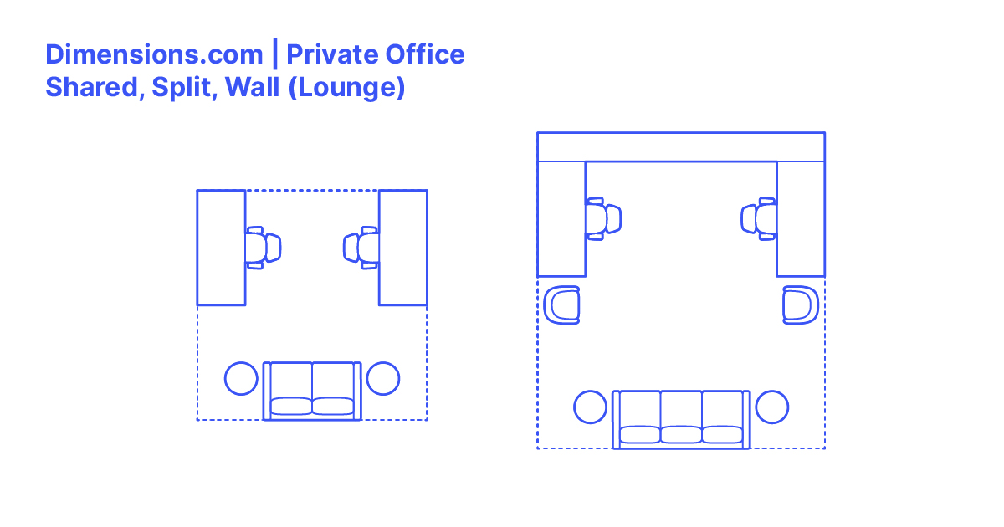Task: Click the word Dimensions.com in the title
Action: point(154,55)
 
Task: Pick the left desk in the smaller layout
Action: point(221,248)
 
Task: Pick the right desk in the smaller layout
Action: point(403,248)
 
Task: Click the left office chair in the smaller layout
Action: point(265,248)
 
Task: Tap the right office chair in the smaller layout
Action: point(359,248)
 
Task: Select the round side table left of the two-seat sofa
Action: point(241,378)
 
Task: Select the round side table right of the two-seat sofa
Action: point(383,378)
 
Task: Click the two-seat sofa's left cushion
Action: point(289,405)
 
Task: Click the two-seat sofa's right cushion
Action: point(334,405)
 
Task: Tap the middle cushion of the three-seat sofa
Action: point(681,433)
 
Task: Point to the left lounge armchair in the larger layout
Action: point(562,304)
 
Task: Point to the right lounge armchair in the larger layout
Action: point(800,304)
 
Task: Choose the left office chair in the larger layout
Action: point(604,219)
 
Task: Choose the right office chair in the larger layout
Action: point(758,219)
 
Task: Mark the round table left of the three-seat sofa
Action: point(591,407)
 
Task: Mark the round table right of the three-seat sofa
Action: point(771,407)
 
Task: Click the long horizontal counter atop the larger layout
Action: point(681,147)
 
